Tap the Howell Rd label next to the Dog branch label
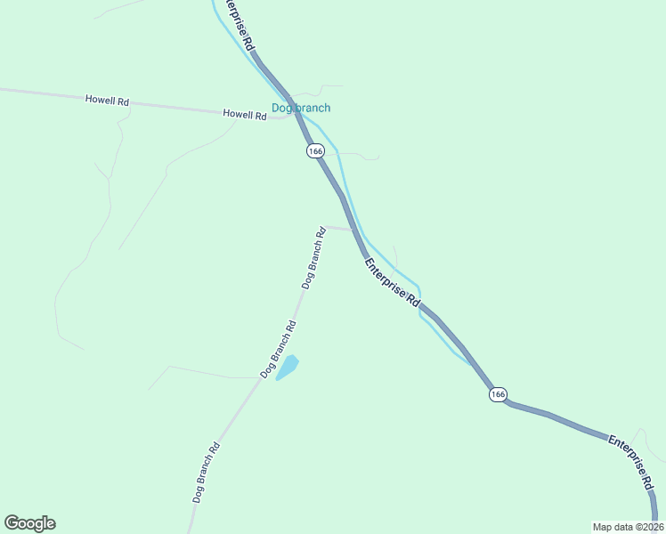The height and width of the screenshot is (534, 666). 245,114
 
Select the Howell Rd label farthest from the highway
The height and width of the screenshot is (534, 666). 107,101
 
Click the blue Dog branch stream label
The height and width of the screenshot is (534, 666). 301,109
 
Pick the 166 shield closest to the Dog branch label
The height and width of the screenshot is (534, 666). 315,151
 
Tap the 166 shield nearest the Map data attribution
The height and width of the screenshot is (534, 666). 498,393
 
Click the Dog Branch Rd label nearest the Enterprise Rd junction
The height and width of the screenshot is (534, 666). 313,258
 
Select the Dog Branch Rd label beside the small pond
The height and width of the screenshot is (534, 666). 278,347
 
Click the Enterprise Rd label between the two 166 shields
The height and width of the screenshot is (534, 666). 391,282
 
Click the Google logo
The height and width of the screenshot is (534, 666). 29,523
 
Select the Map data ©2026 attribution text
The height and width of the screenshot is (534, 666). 628,527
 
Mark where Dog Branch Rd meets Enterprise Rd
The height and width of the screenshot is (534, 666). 354,230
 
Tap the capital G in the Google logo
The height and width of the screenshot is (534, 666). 12,523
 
